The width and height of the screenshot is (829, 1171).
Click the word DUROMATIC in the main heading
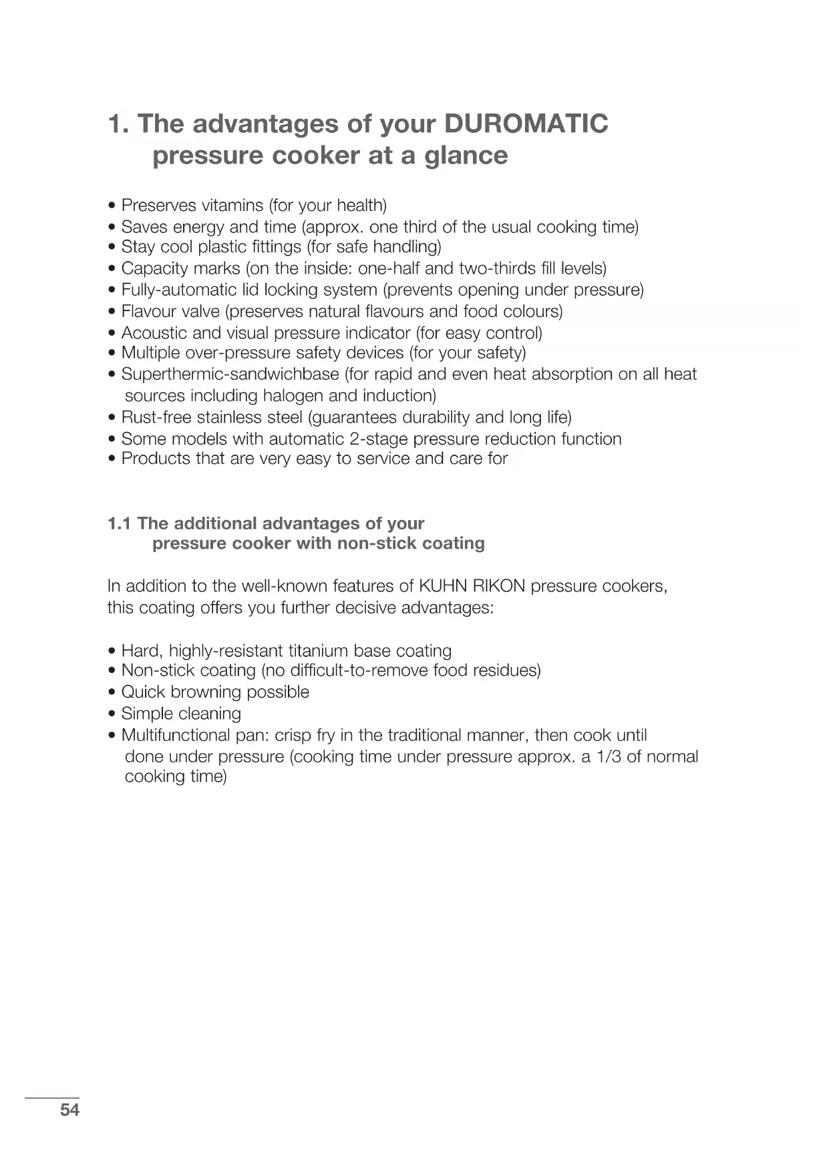[x=526, y=124]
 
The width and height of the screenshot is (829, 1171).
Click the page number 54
[x=69, y=1110]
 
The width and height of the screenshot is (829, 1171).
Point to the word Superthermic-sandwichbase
[x=230, y=375]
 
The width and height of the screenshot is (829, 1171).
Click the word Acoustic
[x=151, y=332]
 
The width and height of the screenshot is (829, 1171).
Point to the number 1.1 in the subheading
[x=120, y=524]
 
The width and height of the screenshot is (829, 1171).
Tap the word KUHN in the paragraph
[x=435, y=586]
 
